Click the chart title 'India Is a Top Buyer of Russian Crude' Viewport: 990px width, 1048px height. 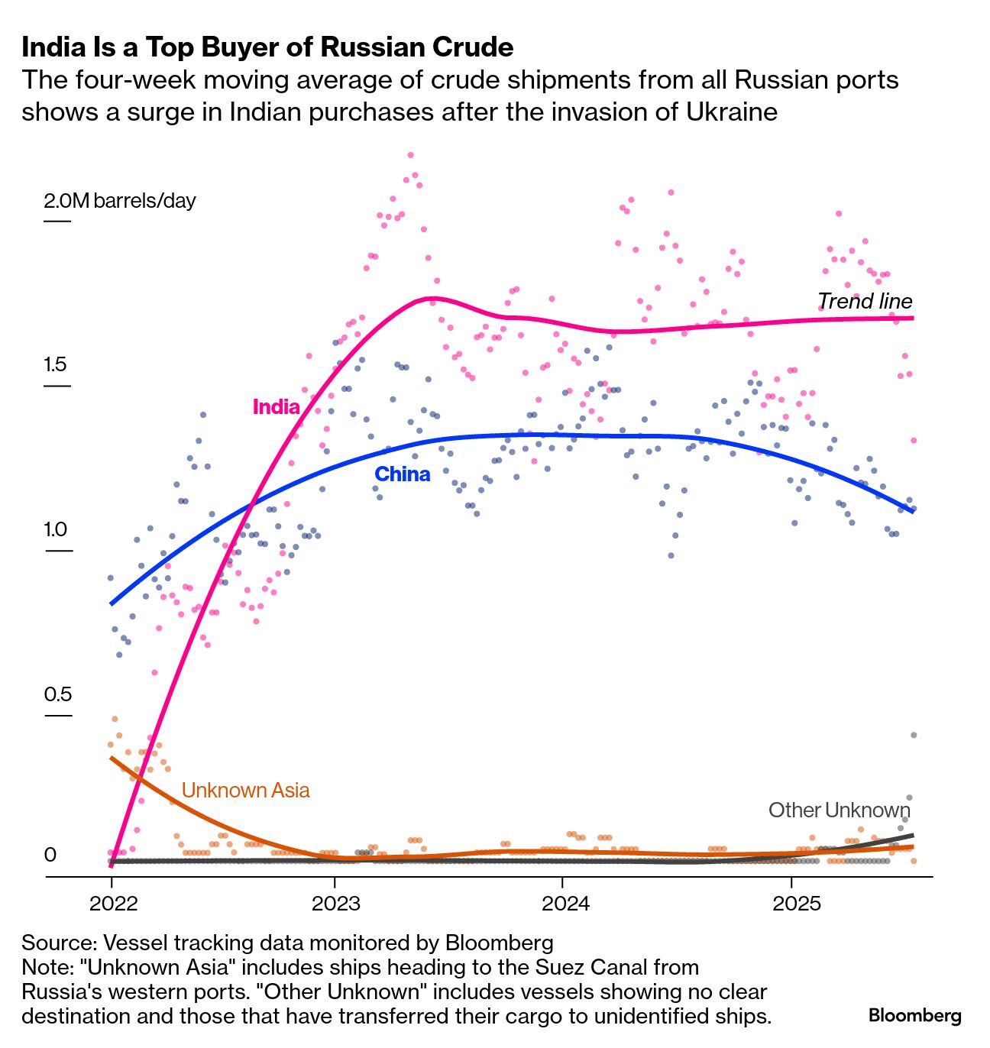click(267, 47)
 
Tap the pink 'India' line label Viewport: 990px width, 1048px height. click(276, 406)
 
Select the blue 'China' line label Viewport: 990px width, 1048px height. click(402, 474)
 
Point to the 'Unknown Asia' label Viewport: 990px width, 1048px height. click(245, 790)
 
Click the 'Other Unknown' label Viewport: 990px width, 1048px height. click(839, 810)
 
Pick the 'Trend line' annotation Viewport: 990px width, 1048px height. click(865, 301)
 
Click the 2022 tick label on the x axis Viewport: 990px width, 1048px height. click(113, 904)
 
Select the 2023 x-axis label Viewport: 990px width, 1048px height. click(335, 904)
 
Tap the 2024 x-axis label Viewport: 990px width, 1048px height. click(565, 904)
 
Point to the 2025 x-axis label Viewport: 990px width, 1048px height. click(796, 904)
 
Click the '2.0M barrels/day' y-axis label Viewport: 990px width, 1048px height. click(120, 201)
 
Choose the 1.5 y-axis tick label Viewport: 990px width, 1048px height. click(55, 364)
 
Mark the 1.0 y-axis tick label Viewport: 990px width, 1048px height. click(55, 529)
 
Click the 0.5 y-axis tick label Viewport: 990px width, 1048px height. click(57, 694)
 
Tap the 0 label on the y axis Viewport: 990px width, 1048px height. click(50, 855)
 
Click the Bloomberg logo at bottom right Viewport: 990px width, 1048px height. click(914, 1016)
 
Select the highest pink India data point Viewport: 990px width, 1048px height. click(410, 155)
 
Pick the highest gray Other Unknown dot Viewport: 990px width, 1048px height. click(913, 735)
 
